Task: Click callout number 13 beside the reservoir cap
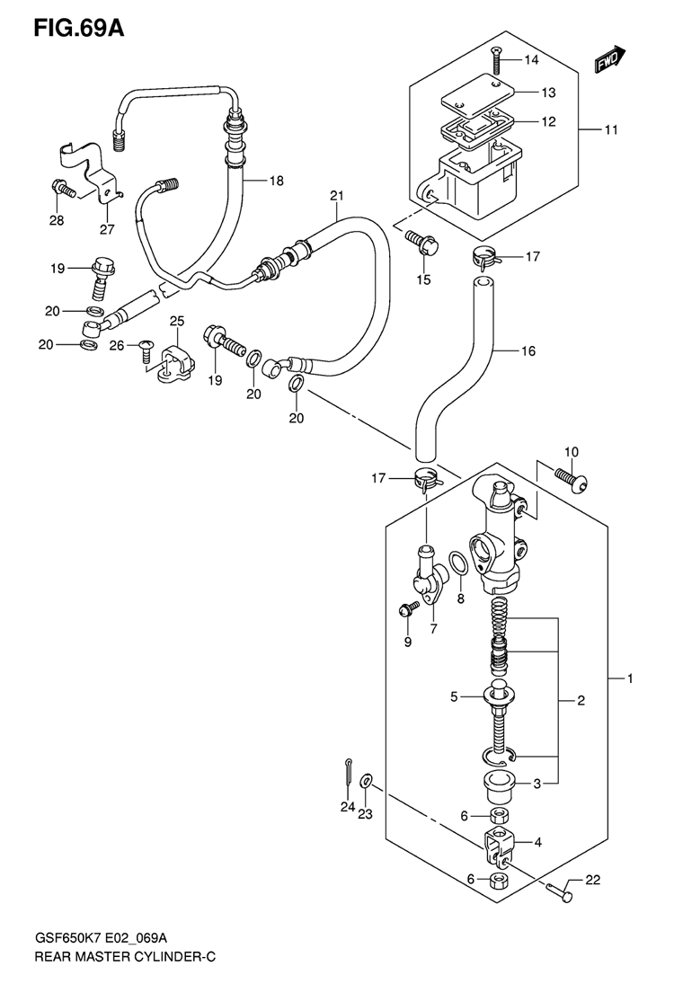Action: (548, 93)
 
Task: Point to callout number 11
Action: (610, 130)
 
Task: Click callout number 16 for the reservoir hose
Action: (528, 350)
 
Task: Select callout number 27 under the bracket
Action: (107, 230)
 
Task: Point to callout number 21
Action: (337, 197)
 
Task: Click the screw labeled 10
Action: (572, 478)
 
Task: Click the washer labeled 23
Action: (366, 781)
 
